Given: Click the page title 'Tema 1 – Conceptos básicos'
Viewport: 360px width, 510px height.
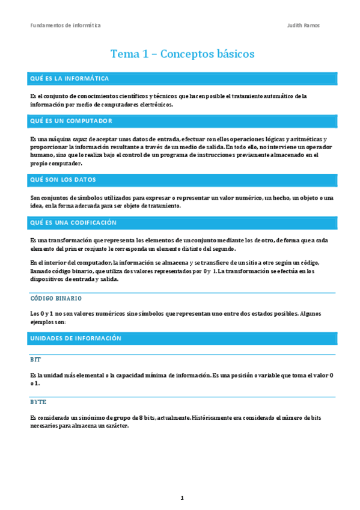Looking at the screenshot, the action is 182,54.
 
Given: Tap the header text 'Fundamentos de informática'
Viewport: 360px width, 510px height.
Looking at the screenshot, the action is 66,25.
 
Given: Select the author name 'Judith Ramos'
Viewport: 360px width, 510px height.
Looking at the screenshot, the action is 304,25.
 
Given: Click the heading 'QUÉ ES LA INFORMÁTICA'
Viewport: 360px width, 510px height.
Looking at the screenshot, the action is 69,79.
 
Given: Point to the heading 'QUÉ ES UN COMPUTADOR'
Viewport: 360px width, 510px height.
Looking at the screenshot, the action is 71,121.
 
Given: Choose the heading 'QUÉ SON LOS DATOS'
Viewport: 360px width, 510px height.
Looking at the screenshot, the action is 63,180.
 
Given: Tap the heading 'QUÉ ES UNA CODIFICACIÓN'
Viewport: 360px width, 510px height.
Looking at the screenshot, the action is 73,223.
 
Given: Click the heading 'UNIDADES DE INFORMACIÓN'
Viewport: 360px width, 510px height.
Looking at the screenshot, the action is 76,339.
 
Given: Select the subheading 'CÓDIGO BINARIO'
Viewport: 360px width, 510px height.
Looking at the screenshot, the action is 56,298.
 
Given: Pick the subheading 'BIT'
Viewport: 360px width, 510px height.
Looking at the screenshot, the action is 35,360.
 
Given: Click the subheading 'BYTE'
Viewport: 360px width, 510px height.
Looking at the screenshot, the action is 38,402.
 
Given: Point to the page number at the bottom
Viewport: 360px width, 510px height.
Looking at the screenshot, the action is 182,498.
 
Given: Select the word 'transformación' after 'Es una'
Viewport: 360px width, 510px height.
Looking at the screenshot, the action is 72,241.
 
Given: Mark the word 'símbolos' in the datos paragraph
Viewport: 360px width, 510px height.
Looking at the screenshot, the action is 82,198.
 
